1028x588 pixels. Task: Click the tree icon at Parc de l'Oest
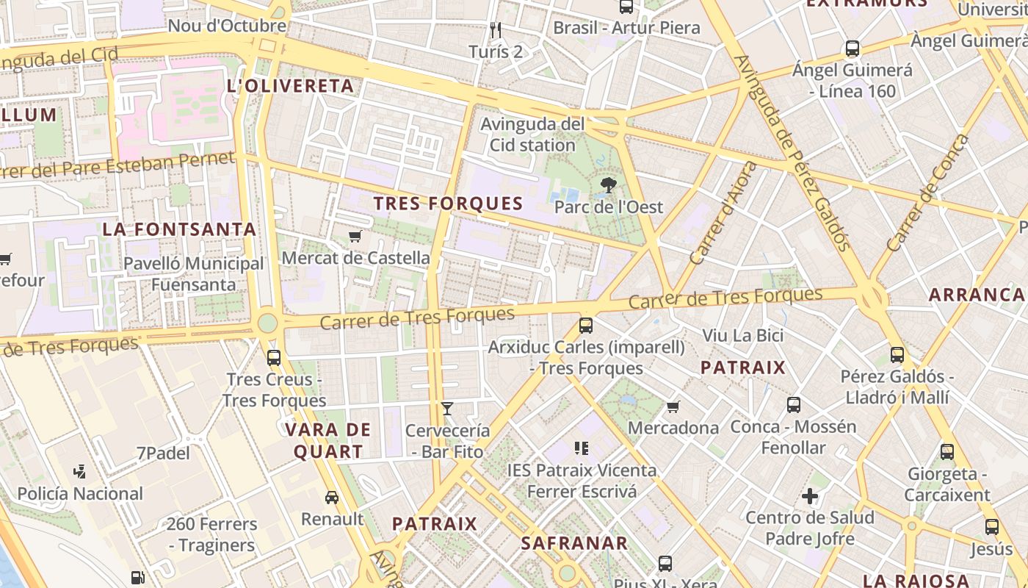coord(608,184)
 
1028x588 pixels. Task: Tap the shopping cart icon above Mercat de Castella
coord(355,236)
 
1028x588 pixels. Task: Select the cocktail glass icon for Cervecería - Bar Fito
coord(446,409)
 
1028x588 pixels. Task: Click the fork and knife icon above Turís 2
coord(496,30)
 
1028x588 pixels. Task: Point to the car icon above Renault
coord(332,498)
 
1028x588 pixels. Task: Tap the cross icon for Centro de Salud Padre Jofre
coord(810,496)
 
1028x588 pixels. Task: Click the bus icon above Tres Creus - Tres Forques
coord(274,358)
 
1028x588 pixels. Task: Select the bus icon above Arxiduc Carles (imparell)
coord(586,325)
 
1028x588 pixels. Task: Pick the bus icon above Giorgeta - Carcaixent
coord(947,452)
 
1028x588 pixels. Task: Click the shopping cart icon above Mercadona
coord(673,406)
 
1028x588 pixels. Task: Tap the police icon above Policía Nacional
coord(80,472)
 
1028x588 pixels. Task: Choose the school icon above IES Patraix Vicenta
coord(582,448)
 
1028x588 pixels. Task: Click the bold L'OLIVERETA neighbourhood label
coord(291,86)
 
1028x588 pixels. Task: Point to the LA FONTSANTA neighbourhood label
coord(179,229)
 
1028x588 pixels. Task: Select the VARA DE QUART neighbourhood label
coord(328,440)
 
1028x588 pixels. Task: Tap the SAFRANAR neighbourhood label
coord(574,543)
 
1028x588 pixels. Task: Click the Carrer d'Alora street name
coord(723,213)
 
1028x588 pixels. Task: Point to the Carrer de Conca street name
coord(928,193)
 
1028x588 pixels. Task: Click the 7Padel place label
coord(163,453)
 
